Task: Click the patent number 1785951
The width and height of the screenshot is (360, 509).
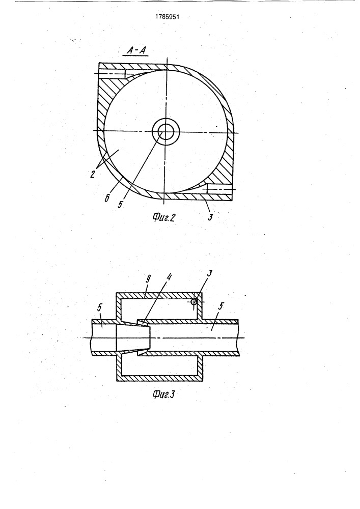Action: coord(168,17)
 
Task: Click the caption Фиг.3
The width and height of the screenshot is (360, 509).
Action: coord(163,394)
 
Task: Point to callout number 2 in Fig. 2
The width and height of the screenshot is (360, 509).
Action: coord(93,175)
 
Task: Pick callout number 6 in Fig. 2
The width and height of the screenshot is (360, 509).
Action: coord(107,197)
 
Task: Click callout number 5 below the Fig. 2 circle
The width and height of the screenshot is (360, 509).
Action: coord(121,205)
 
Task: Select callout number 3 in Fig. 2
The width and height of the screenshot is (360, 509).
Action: coord(210,217)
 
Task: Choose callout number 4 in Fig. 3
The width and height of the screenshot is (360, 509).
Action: coord(170,277)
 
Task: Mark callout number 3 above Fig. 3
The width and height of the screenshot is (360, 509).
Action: coord(209,273)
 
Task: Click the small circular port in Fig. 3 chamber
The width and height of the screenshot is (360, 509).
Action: coord(194,301)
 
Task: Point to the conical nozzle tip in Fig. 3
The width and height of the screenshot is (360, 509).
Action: coord(143,337)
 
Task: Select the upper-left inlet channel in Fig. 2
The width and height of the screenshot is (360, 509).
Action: coord(112,74)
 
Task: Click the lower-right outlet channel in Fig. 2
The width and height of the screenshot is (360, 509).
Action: coord(219,189)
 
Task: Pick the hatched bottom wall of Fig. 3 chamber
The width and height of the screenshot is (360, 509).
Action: coord(159,379)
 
